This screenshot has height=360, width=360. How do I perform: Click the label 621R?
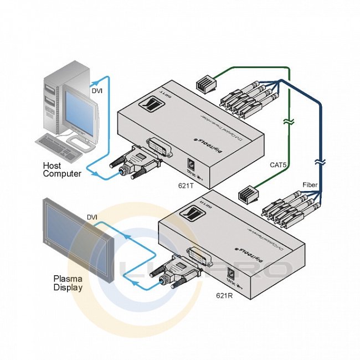click(x=224, y=295)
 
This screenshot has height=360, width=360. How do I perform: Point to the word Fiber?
click(x=310, y=184)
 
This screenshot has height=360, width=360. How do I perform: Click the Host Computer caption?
click(x=62, y=169)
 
